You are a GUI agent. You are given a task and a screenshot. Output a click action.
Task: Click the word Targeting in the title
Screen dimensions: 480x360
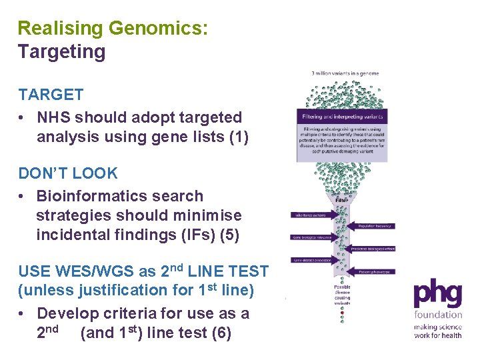pos(61,52)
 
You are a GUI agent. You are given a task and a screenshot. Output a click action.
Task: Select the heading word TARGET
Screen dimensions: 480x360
pos(51,95)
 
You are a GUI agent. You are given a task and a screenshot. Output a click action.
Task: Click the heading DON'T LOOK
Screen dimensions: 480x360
pos(68,173)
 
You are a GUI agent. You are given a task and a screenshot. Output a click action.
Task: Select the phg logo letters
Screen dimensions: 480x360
pos(437,294)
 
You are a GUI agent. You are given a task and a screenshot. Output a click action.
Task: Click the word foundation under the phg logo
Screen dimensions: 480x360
pos(437,315)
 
